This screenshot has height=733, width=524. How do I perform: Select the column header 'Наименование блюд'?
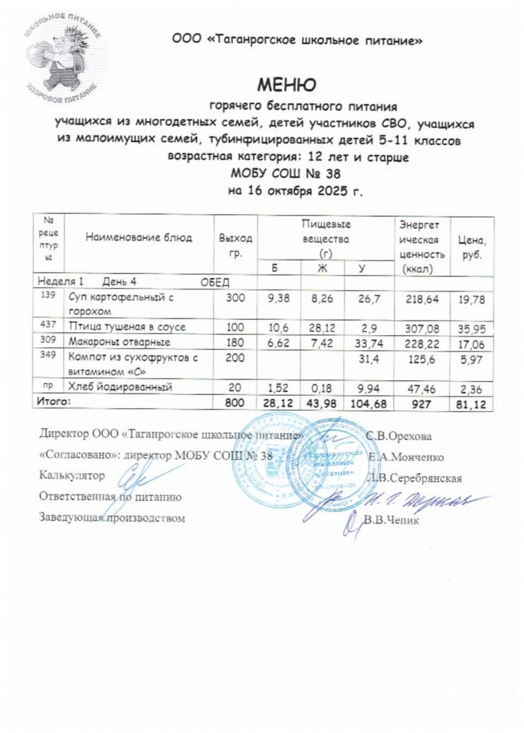(139, 238)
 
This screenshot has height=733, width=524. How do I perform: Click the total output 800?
(233, 402)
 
